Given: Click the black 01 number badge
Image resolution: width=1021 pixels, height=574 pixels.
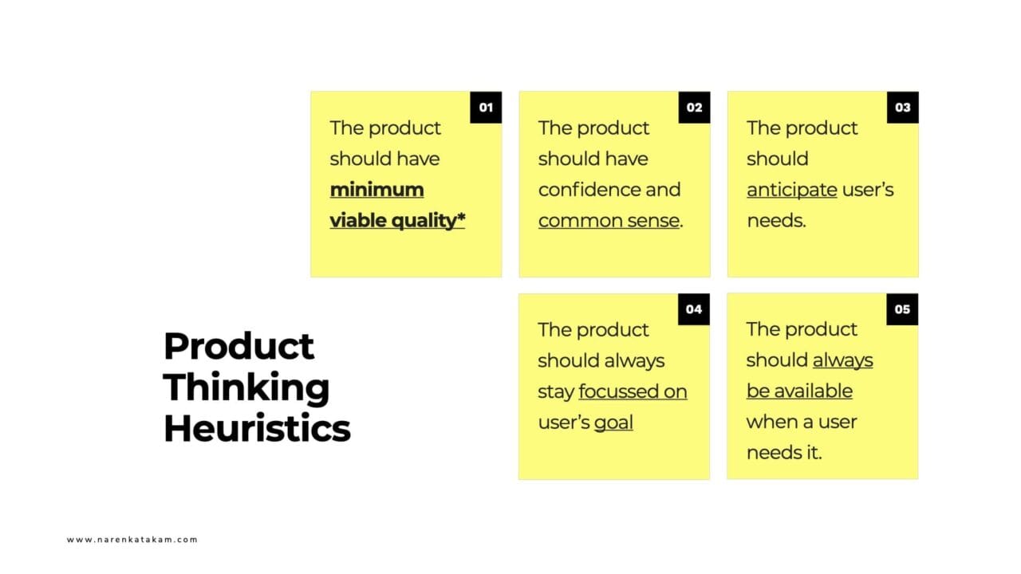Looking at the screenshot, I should pyautogui.click(x=486, y=108).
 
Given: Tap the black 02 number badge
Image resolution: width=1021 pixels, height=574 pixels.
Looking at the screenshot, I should pyautogui.click(x=694, y=108).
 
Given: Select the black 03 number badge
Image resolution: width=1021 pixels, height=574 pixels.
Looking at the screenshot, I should pyautogui.click(x=902, y=108).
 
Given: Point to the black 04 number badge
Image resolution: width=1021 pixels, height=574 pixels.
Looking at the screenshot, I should pyautogui.click(x=694, y=309).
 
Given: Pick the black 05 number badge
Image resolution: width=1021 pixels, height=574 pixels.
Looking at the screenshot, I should pyautogui.click(x=902, y=309).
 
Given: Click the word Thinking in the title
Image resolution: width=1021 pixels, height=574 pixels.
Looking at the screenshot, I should pyautogui.click(x=246, y=387).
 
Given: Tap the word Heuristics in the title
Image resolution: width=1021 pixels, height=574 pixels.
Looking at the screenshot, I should pyautogui.click(x=257, y=429).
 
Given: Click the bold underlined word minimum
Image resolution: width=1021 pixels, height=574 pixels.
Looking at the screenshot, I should pyautogui.click(x=376, y=190).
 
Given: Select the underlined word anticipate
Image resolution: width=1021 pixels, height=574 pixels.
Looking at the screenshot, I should pyautogui.click(x=791, y=190).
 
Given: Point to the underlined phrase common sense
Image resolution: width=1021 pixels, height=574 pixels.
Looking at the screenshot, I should pyautogui.click(x=609, y=221).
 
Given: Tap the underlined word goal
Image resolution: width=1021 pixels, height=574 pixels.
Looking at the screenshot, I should pyautogui.click(x=613, y=423).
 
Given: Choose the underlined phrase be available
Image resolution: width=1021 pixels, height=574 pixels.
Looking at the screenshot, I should pyautogui.click(x=799, y=391).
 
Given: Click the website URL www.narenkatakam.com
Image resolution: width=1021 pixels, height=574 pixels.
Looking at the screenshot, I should pyautogui.click(x=132, y=540).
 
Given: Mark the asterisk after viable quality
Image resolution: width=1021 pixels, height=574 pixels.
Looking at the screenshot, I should pyautogui.click(x=460, y=218).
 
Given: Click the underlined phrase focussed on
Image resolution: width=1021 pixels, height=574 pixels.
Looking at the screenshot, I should pyautogui.click(x=633, y=391).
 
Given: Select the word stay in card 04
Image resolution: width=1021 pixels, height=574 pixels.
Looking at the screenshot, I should pyautogui.click(x=555, y=392).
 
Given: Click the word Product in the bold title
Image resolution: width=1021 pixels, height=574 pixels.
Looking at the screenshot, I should pyautogui.click(x=238, y=346).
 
